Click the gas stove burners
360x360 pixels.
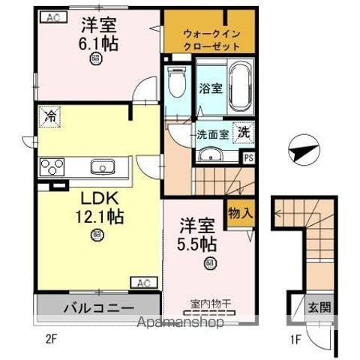52,166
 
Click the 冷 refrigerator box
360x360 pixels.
49,116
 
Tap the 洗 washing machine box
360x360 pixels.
244,133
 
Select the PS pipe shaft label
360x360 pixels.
248,157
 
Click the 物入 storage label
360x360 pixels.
241,213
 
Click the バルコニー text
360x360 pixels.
98,307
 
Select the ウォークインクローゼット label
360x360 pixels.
211,39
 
